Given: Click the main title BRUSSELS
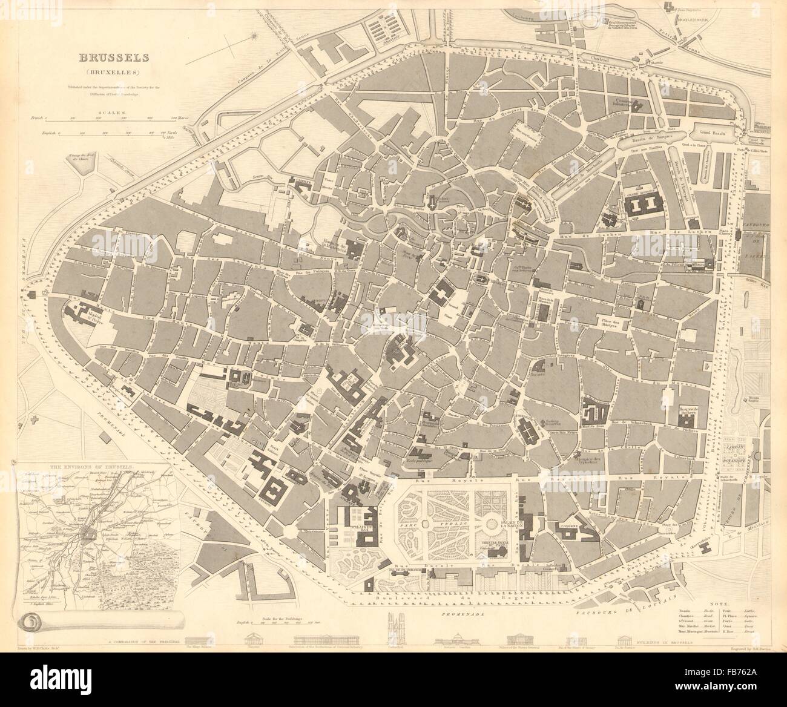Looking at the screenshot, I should [114, 58].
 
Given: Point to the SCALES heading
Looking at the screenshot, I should [113, 113].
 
